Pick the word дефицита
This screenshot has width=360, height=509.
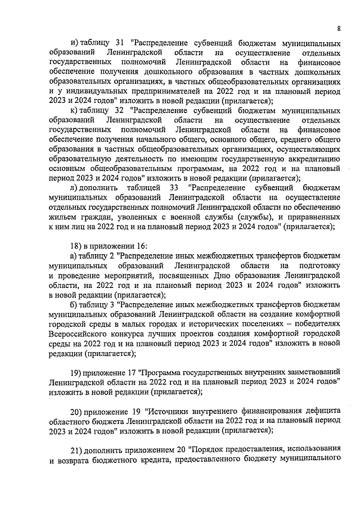click(322, 410)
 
